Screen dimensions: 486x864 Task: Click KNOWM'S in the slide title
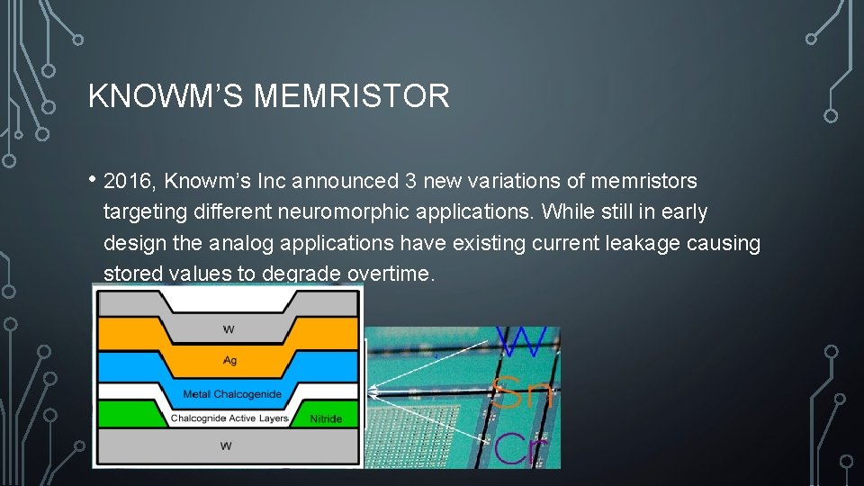pyautogui.click(x=166, y=95)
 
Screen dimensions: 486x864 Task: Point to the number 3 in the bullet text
pyautogui.click(x=410, y=181)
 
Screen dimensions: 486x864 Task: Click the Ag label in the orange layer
pyautogui.click(x=229, y=360)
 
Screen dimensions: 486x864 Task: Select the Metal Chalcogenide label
pyautogui.click(x=232, y=394)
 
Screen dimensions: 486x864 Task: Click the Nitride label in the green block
pyautogui.click(x=326, y=418)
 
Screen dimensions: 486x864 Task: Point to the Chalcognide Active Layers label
pyautogui.click(x=229, y=418)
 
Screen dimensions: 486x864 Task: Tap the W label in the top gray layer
pyautogui.click(x=229, y=330)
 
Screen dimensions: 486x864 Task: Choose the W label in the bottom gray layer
pyautogui.click(x=226, y=446)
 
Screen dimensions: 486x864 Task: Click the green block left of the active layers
pyautogui.click(x=126, y=414)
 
